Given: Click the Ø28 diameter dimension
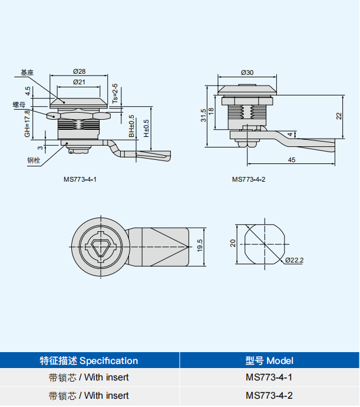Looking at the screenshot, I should [79, 71].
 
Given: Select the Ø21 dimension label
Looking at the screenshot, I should [79, 82].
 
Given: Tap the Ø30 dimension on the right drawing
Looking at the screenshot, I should [247, 73].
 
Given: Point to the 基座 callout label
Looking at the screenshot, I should [26, 73].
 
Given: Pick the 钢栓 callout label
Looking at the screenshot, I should [33, 160].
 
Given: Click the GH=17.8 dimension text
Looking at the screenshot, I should [27, 123].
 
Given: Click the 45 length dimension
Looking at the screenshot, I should [291, 160].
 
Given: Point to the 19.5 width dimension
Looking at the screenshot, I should [200, 245].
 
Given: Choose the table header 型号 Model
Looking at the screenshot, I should [269, 360].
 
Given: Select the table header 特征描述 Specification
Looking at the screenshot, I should [89, 360].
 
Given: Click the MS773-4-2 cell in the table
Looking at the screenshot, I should [269, 396].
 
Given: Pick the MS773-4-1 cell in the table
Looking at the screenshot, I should [269, 378].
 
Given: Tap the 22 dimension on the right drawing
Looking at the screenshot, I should [339, 116].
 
